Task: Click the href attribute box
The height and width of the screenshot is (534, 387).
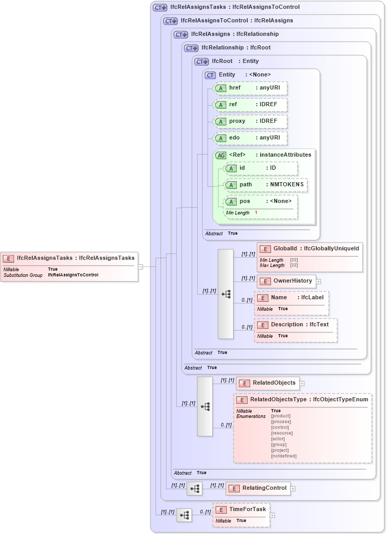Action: click(x=250, y=88)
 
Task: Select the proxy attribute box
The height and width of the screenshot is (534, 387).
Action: click(x=250, y=121)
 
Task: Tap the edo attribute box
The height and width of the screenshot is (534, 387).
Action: click(x=250, y=137)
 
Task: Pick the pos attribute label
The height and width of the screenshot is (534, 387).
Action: click(x=244, y=201)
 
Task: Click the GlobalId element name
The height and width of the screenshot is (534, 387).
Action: click(x=285, y=248)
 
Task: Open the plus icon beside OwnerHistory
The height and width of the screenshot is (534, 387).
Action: click(x=318, y=281)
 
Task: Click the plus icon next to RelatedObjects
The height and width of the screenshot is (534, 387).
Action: click(x=302, y=383)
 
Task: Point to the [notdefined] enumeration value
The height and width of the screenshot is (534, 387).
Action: click(x=283, y=456)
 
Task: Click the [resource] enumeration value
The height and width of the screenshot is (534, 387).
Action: click(x=281, y=433)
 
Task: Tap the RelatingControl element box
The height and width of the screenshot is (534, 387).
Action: click(x=258, y=488)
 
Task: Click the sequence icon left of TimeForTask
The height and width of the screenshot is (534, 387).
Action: click(x=184, y=515)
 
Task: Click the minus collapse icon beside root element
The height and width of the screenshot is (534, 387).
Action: click(x=140, y=266)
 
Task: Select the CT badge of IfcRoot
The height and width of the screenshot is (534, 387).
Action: click(x=201, y=61)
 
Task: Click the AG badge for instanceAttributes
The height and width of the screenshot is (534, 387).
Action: click(x=221, y=155)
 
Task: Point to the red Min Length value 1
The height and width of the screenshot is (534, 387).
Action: click(x=256, y=213)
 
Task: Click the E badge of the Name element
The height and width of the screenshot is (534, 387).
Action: click(x=263, y=298)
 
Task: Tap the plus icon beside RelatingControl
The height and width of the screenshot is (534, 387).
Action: click(x=293, y=488)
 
